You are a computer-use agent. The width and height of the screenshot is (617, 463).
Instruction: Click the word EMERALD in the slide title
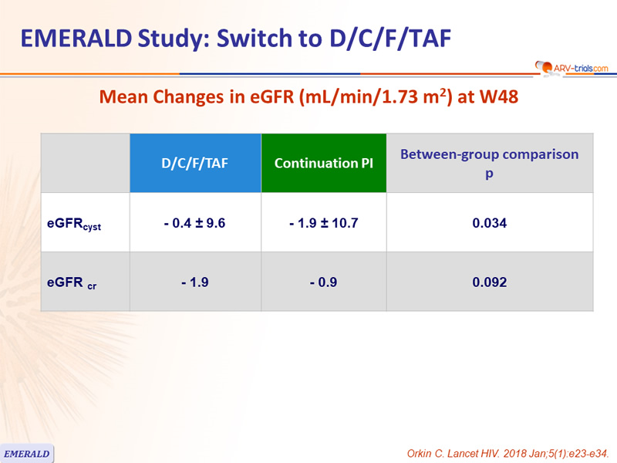76,38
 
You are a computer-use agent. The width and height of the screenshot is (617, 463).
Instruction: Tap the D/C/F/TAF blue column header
195,163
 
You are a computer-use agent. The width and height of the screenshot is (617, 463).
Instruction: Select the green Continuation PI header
324,163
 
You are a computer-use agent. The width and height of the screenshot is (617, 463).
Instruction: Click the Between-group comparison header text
490,154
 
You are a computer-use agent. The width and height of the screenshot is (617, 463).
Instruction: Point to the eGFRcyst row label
74,224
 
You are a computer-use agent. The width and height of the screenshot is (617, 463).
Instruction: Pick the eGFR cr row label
72,282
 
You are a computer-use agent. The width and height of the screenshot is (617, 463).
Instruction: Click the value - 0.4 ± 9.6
195,223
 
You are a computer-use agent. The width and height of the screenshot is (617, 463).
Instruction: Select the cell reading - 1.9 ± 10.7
324,223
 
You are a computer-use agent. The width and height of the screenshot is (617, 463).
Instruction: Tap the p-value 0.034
490,223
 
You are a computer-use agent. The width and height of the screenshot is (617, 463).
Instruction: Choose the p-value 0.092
490,282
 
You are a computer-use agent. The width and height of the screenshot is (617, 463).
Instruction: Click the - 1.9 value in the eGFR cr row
195,282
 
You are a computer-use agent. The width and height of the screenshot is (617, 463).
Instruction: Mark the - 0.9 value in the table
323,282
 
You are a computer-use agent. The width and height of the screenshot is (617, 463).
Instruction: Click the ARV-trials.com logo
571,68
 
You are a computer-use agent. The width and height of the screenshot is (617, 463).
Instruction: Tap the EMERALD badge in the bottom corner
27,454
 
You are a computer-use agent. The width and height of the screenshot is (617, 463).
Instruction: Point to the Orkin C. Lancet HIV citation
507,454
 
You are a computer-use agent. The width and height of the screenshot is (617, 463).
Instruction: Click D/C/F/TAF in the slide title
390,39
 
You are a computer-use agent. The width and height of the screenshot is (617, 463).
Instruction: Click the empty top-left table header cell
86,163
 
